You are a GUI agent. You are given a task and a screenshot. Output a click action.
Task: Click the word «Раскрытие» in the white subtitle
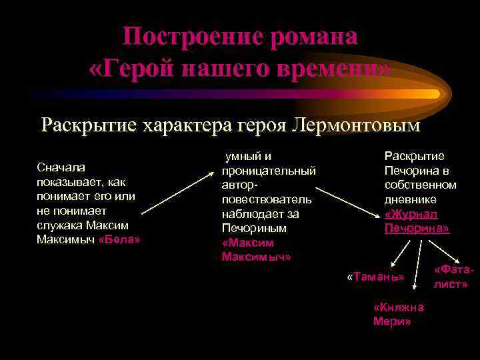[87, 125]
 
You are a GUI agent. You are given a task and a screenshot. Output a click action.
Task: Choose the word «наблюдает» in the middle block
[251, 214]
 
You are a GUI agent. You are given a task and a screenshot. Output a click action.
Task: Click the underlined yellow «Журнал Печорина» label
[417, 221]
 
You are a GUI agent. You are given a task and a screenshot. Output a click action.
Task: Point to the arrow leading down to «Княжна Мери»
[417, 270]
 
